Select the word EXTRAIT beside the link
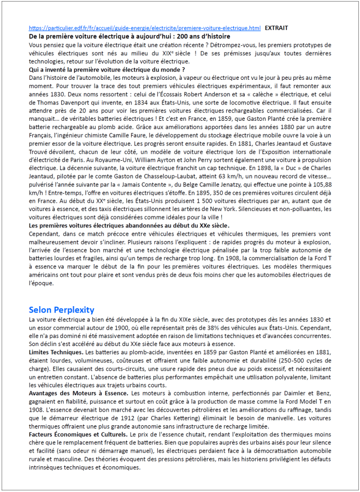tap(276, 27)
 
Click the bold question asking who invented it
tap(107, 70)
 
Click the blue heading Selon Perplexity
tap(61, 309)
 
